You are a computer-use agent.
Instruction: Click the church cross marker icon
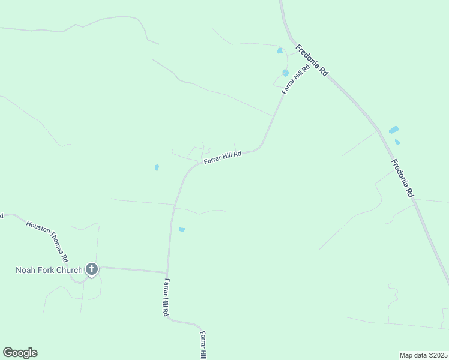coord(92,269)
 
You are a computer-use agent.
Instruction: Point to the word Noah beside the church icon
coord(26,270)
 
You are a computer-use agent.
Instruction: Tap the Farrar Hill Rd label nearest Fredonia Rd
coord(296,79)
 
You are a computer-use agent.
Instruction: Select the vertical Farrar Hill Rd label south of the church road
coord(166,298)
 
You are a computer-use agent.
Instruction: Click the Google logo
coord(20,353)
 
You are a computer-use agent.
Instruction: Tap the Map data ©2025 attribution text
coord(423,355)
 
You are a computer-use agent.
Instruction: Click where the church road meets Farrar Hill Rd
coord(167,273)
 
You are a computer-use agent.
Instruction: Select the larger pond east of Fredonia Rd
coord(394,130)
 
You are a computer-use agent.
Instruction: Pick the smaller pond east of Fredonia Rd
coord(397,142)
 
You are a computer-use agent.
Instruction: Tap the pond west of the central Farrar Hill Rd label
coord(157,167)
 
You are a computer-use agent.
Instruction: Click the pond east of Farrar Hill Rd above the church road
coord(182,229)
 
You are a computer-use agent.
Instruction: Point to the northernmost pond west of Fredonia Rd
coord(280,51)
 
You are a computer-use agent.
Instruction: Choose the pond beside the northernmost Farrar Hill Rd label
coord(285,73)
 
